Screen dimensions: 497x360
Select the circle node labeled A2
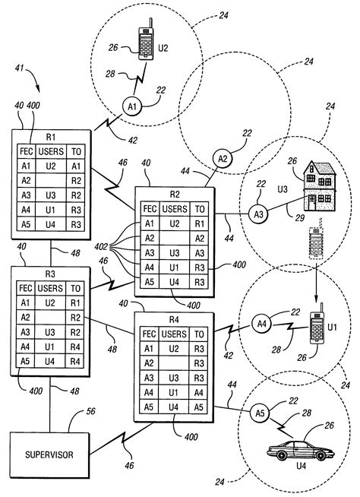click(223, 159)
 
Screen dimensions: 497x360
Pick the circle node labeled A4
click(262, 323)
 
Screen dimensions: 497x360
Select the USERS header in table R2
click(175, 208)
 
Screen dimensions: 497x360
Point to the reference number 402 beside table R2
click(100, 247)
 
